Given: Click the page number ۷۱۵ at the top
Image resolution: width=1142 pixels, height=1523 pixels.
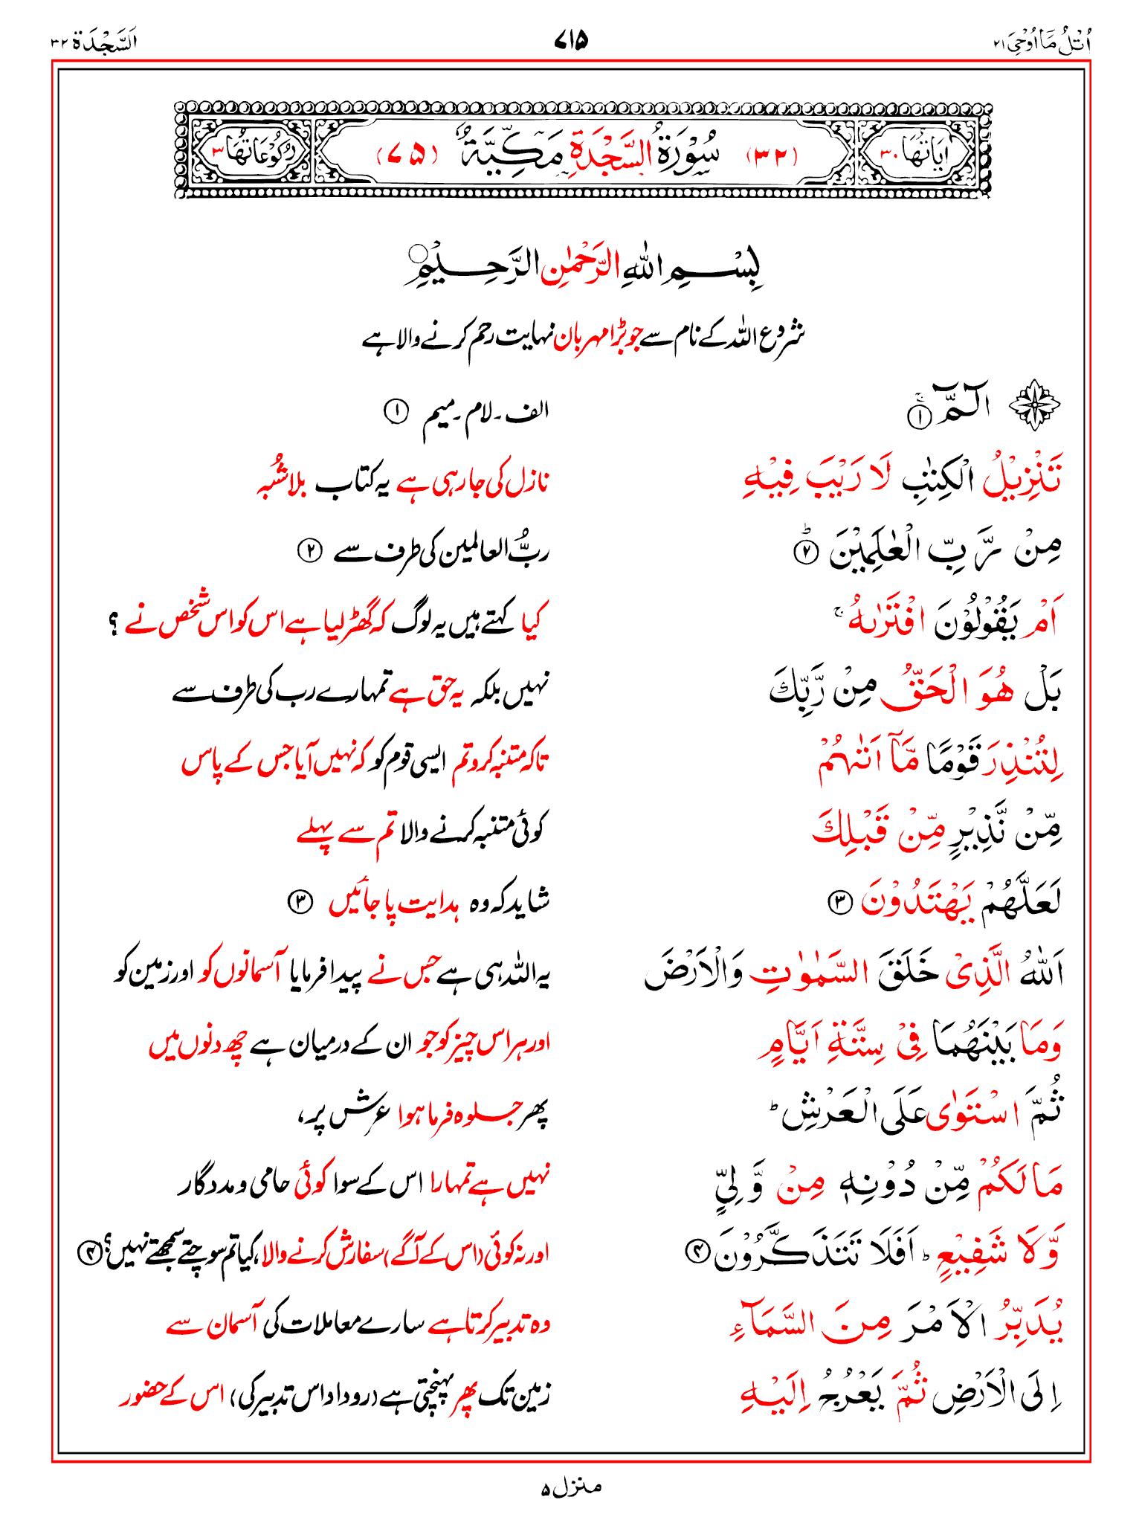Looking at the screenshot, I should pos(571,39).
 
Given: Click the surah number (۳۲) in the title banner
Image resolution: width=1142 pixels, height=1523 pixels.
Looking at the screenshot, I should pos(771,155).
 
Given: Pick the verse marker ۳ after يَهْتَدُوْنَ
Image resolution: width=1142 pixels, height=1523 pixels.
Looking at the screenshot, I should pos(838,903).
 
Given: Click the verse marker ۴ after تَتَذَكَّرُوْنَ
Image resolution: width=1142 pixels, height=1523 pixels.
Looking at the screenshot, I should pos(697,1255).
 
